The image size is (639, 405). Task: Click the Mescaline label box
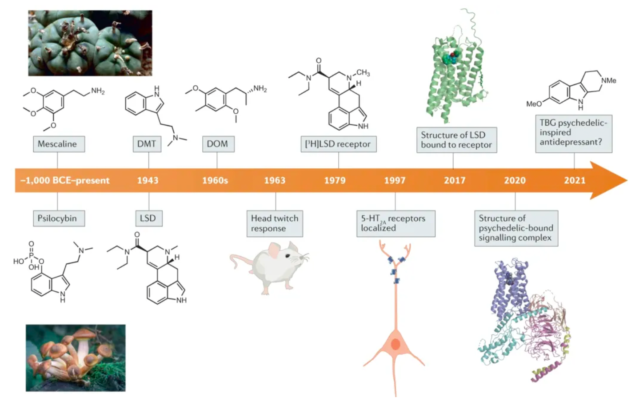59,144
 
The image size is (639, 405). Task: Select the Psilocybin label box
59,218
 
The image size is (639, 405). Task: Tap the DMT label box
147,144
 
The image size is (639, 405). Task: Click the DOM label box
218,144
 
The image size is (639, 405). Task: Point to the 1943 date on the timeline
148,180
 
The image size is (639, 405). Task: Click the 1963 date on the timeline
275,180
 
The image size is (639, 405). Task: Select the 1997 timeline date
395,180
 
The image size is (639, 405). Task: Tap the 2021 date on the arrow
575,180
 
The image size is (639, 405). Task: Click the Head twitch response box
275,224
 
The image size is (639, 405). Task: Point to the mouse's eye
288,256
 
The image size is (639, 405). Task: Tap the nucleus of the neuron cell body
395,344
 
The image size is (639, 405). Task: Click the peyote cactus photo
90,43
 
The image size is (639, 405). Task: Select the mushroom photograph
76,358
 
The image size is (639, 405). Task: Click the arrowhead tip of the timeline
627,180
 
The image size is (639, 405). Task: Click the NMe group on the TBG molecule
608,81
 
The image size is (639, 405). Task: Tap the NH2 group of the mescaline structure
98,91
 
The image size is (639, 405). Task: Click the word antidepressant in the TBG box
571,142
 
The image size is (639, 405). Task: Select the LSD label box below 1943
149,218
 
